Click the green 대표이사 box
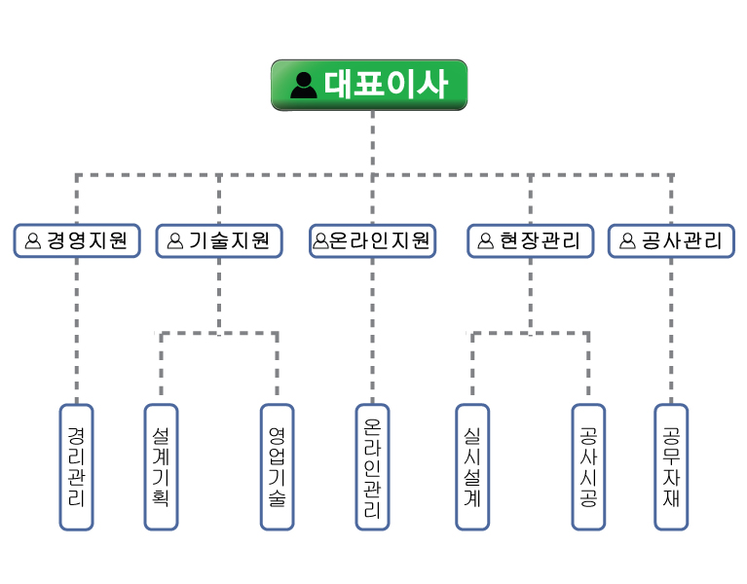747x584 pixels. point(369,85)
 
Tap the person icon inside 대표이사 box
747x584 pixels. point(304,86)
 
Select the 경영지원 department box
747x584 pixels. point(77,240)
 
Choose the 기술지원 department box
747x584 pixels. point(219,240)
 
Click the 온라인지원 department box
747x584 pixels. point(372,240)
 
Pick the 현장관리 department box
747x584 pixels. point(531,240)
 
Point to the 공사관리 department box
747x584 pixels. point(671,240)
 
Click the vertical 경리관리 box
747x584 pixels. point(76,467)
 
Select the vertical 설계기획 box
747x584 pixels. point(161,467)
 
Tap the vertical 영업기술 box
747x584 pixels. point(277,467)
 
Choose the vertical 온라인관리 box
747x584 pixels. point(372,467)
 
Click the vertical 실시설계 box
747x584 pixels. point(472,467)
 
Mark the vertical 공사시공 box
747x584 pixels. point(588,467)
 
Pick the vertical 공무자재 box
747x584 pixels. point(671,467)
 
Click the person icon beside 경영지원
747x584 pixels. point(33,240)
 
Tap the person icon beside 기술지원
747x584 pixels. point(175,240)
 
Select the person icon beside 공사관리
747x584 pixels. point(626,240)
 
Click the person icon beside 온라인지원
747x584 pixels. point(320,240)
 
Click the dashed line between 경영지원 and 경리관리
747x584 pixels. point(76,331)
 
